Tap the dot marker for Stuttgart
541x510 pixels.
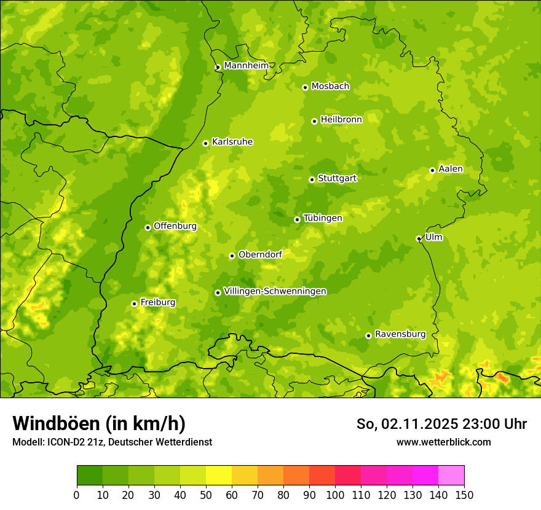[x=312, y=179]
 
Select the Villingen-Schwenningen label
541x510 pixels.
[x=275, y=291]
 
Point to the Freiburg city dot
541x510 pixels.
[x=134, y=304]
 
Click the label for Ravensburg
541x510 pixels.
[x=400, y=334]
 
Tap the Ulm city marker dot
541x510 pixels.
[x=419, y=238]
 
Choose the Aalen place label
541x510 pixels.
[x=451, y=169]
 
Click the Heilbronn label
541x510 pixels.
[x=341, y=120]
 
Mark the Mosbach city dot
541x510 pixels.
[x=305, y=87]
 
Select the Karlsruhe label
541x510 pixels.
[x=232, y=142]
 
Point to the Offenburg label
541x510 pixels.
[x=175, y=226]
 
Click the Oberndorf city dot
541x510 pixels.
[x=232, y=256]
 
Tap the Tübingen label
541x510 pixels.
[x=323, y=218]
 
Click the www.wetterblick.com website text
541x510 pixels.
[x=443, y=442]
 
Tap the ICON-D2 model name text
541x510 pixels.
[x=67, y=442]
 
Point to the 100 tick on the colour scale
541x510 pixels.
[x=335, y=495]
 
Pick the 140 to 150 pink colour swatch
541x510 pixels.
[x=451, y=475]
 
